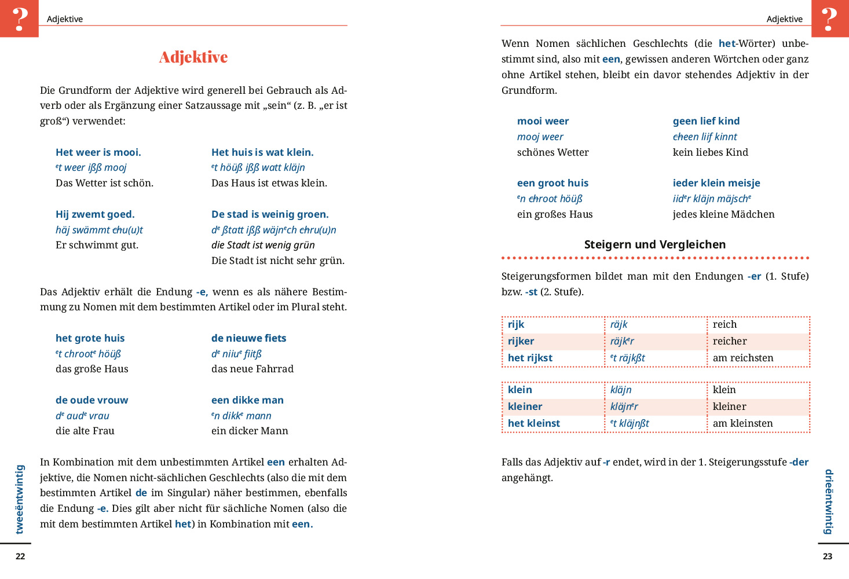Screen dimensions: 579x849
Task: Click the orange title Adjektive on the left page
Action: (193, 57)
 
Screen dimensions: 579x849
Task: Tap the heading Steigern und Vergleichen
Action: (654, 244)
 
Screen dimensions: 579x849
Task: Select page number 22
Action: (20, 556)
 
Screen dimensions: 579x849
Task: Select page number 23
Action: (828, 556)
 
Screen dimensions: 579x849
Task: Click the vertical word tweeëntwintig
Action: (20, 499)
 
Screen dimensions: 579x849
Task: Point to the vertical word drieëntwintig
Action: (829, 501)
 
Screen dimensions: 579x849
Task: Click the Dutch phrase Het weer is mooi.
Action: (98, 152)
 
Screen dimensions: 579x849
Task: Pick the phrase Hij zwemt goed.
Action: (95, 214)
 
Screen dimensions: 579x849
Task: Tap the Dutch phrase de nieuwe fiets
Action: (248, 338)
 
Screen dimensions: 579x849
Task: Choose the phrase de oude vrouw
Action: (92, 400)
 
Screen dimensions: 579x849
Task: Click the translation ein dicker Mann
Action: (250, 431)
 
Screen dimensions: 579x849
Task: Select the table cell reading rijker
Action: (521, 341)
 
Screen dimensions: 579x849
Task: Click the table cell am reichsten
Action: (743, 358)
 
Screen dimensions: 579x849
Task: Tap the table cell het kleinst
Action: (534, 423)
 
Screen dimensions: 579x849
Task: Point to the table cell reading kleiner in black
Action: (729, 406)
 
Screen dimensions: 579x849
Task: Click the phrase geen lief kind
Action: (706, 121)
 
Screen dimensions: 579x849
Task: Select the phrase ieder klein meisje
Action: (716, 183)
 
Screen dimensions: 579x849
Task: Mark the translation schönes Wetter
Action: (552, 152)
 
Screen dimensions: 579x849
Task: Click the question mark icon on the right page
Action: (830, 19)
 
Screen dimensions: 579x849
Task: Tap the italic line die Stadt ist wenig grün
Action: (263, 245)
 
